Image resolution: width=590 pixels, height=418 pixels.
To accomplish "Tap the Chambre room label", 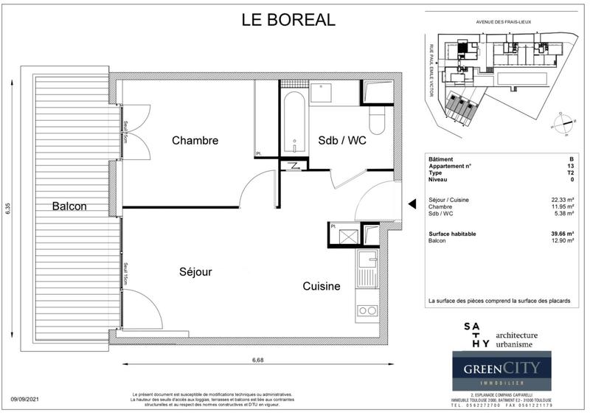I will tap(195, 140).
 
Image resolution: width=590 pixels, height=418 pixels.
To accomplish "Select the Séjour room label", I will tap(195, 272).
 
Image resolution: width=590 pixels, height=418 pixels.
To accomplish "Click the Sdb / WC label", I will tap(341, 140).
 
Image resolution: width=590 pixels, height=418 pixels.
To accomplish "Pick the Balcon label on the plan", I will tap(70, 206).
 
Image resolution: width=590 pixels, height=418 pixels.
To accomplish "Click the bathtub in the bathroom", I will tap(293, 122).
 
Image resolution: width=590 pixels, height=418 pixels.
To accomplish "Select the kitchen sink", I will tap(366, 269).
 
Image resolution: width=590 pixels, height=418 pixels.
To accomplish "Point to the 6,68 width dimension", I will tap(258, 359).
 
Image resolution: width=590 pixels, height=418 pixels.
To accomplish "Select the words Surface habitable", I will tap(453, 234).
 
